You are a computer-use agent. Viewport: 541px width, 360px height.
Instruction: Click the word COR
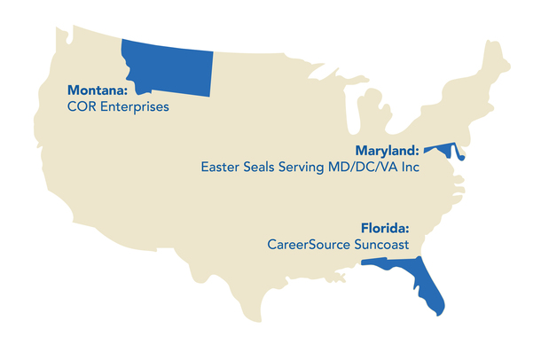(82, 107)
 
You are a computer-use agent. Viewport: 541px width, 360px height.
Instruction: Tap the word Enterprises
(133, 107)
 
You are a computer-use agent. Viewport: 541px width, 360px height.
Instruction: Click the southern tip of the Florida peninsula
(440, 310)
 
